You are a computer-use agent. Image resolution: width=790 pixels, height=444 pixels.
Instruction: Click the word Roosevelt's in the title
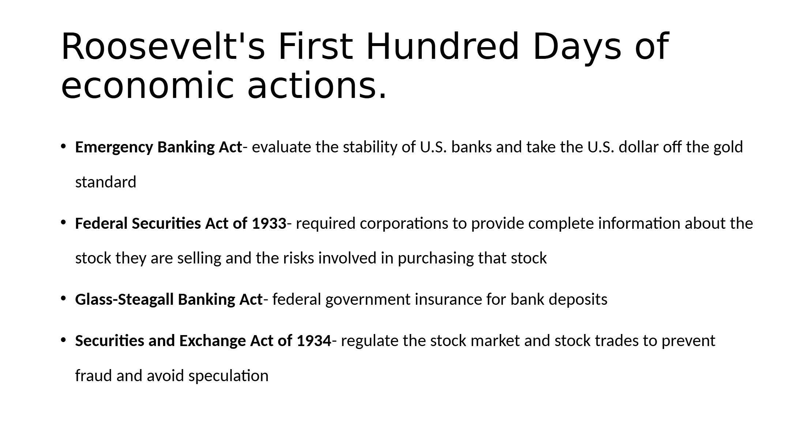point(163,46)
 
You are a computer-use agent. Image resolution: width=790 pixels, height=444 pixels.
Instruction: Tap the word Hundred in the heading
point(442,46)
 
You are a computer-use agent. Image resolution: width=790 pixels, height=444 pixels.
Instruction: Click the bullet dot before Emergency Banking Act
point(63,147)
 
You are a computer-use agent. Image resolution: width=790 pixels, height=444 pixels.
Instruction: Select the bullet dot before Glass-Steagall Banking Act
point(63,299)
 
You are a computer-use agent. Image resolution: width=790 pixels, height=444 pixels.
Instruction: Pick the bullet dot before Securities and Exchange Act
point(63,340)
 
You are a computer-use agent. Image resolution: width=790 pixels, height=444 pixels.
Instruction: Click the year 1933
point(269,223)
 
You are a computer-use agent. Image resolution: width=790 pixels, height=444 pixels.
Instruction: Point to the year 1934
point(314,341)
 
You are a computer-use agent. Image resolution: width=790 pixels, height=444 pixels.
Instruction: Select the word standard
point(106,182)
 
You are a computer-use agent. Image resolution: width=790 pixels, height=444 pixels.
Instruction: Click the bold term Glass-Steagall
point(124,300)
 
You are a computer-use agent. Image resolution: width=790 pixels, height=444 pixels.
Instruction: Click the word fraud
point(94,376)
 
